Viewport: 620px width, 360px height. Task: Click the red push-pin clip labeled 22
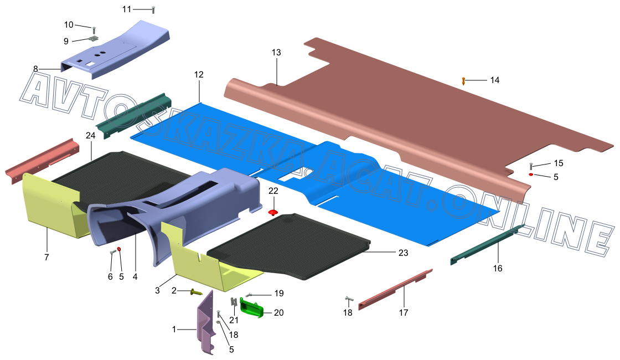point(273,213)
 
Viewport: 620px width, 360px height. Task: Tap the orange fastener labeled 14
point(463,81)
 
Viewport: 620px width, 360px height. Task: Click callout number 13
point(276,52)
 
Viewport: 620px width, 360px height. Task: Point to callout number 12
point(199,74)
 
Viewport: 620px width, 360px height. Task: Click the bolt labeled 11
point(153,10)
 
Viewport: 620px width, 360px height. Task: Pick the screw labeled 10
point(94,30)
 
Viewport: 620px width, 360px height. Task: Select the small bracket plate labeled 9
point(94,38)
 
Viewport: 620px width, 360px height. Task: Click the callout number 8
point(35,69)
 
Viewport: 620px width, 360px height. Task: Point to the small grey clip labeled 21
point(234,302)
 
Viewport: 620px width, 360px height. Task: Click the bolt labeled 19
point(249,295)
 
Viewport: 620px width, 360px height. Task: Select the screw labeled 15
point(531,166)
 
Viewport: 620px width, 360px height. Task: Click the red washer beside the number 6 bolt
point(119,249)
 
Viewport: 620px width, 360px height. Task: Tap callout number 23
point(403,253)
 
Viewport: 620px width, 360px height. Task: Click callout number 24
point(91,135)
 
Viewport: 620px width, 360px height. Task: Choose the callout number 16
point(498,268)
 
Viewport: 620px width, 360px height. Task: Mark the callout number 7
point(46,257)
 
